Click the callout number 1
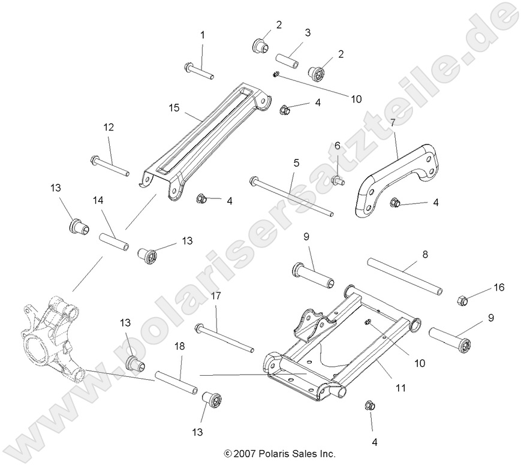click(x=202, y=35)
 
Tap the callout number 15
click(x=174, y=107)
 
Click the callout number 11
click(x=401, y=388)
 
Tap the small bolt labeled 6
click(x=338, y=178)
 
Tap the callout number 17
click(x=216, y=296)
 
